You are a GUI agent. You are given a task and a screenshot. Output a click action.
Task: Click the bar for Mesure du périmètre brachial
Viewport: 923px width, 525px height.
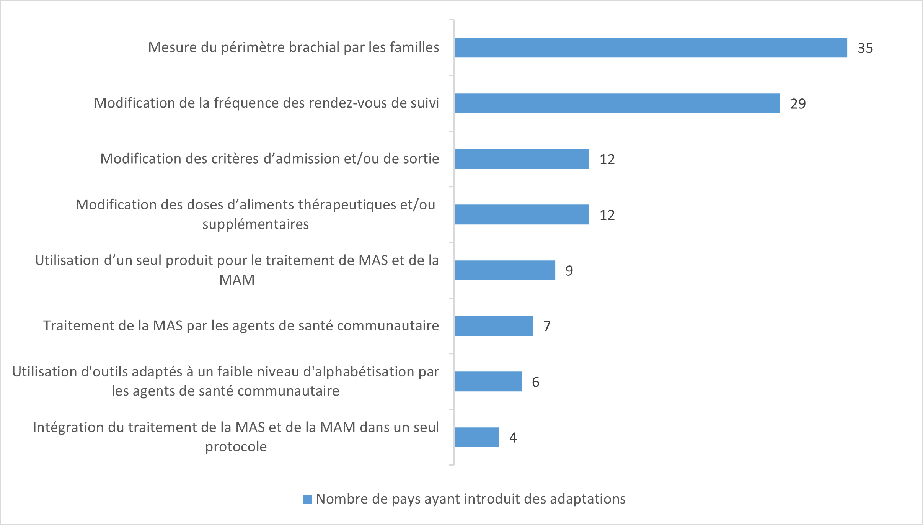pos(651,47)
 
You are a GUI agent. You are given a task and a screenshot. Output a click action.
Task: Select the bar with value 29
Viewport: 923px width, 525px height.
pos(617,103)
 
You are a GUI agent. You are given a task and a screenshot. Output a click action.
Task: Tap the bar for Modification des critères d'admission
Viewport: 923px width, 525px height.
pos(522,159)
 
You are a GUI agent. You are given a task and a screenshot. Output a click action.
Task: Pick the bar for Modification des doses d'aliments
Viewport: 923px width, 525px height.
pos(522,214)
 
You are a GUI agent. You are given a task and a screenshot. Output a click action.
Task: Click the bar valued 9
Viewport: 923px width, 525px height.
pos(505,270)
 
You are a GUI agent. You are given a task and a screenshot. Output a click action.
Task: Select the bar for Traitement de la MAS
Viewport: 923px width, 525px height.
pos(493,326)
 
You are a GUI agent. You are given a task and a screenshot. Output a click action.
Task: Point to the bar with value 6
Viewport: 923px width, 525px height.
pos(488,381)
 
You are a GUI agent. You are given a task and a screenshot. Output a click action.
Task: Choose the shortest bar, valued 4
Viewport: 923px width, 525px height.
pos(476,437)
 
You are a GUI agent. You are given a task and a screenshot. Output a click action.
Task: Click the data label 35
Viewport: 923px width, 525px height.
pos(865,48)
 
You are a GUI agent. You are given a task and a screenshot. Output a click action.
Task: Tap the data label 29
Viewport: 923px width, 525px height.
pos(798,104)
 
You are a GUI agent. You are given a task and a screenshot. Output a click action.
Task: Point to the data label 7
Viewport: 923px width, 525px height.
pos(547,327)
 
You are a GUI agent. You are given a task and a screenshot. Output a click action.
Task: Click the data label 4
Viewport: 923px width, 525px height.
pos(513,438)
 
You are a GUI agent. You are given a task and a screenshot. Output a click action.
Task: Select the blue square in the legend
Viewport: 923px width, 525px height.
pos(307,499)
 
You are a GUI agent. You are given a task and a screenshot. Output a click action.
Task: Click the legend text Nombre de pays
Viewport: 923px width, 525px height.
pos(471,499)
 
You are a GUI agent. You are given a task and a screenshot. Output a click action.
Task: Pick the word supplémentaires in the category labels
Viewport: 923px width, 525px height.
pos(256,224)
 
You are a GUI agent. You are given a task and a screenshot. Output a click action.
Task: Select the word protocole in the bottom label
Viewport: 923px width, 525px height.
pos(236,446)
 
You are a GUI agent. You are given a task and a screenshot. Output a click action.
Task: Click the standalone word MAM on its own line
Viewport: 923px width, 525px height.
pos(237,280)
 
